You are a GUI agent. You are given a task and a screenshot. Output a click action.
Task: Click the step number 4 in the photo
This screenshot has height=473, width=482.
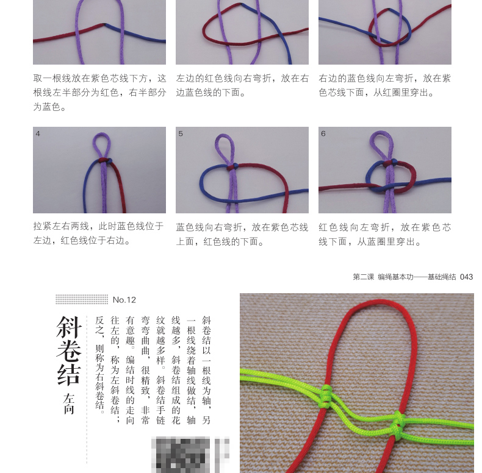(x=38, y=133)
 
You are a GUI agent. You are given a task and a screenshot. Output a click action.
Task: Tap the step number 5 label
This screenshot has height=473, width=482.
(x=181, y=133)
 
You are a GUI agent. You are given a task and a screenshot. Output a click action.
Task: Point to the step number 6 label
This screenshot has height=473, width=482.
(x=323, y=133)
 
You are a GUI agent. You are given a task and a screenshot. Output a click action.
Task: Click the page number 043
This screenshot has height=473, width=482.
(x=466, y=277)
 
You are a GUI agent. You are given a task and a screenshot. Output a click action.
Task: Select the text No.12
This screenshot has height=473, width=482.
(x=124, y=300)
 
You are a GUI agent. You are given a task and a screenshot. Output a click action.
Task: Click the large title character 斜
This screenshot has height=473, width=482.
(x=69, y=327)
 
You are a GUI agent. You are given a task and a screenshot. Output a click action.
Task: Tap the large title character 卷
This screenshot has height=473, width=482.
(x=69, y=350)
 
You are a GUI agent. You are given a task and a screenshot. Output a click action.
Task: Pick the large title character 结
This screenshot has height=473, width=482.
(x=69, y=374)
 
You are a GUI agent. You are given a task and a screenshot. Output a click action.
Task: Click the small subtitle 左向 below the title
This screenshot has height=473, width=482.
(x=69, y=404)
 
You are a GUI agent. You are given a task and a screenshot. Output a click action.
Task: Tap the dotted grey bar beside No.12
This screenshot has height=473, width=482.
(x=82, y=299)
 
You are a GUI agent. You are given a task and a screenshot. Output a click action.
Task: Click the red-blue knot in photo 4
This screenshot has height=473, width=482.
(x=105, y=161)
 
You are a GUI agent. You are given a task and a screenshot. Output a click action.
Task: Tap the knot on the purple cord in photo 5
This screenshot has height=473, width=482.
(x=232, y=167)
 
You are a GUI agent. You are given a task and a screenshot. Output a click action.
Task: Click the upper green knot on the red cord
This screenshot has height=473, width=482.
(x=326, y=396)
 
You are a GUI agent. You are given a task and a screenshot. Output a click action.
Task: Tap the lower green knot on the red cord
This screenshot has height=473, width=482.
(x=398, y=425)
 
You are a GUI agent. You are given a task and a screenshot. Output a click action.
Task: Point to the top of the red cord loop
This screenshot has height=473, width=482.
(x=379, y=302)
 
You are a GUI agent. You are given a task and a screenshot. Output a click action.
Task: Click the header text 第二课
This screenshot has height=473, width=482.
(x=364, y=277)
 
